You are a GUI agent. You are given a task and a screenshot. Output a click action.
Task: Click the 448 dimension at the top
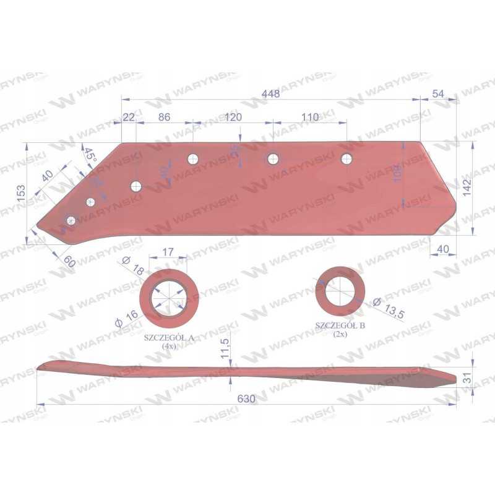(x=270, y=94)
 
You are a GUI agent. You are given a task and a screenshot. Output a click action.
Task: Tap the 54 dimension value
(x=438, y=93)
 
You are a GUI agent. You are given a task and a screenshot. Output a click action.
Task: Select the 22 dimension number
(x=129, y=118)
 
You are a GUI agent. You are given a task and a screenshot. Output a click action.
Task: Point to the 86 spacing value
(x=164, y=117)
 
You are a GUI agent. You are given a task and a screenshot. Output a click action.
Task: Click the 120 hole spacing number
(x=233, y=117)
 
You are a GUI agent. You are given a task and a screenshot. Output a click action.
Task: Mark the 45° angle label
(x=90, y=155)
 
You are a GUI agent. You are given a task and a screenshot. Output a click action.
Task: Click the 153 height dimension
(x=21, y=194)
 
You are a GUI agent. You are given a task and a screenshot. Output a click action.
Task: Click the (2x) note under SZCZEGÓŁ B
(x=340, y=335)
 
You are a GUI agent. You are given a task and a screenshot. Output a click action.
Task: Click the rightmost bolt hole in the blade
(x=346, y=159)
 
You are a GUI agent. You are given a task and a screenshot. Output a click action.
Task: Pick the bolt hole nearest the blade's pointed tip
(x=71, y=220)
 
